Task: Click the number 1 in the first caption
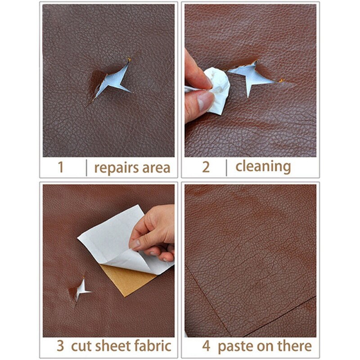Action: tap(60, 167)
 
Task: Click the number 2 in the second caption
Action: tap(206, 167)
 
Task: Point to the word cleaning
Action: tap(263, 166)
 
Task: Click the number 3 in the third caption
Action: tap(60, 346)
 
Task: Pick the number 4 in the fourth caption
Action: tap(206, 346)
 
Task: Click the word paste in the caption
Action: tap(235, 346)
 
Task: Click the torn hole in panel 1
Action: tap(110, 81)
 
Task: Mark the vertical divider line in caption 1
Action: tap(86, 167)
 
